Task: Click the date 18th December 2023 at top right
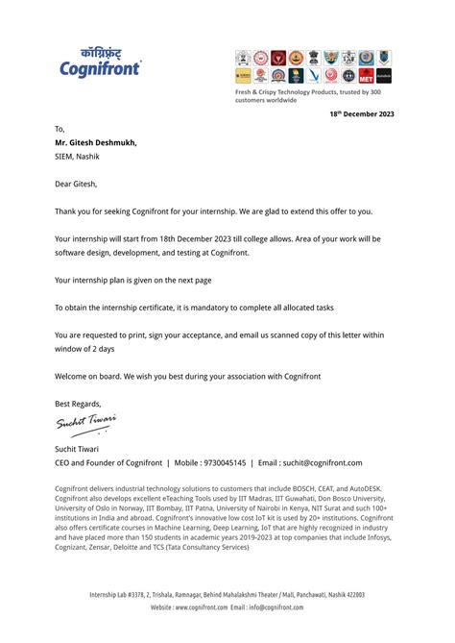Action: tap(362, 113)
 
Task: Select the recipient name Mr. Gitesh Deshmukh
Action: tap(96, 142)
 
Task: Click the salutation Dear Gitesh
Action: tap(76, 183)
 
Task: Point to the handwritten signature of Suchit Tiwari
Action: tap(85, 421)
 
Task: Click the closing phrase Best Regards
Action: tap(78, 404)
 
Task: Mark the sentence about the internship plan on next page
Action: tap(133, 280)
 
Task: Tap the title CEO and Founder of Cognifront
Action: tap(108, 462)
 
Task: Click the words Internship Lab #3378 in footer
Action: tap(121, 595)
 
